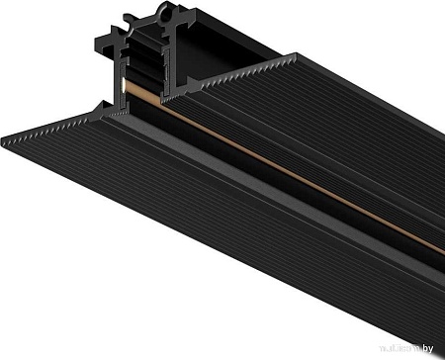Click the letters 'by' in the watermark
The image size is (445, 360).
[432, 350]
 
